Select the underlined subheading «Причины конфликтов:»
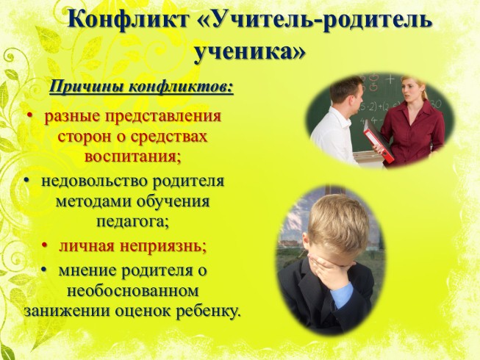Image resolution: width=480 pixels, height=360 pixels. click(x=141, y=88)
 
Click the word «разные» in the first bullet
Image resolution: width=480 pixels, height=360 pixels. click(x=71, y=116)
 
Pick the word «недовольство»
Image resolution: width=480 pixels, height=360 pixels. click(x=87, y=181)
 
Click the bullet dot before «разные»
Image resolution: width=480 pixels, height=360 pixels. click(x=31, y=116)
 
